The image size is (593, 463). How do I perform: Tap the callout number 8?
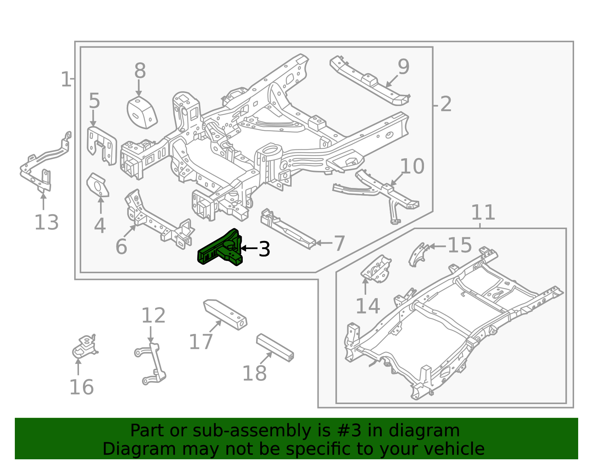click(x=140, y=71)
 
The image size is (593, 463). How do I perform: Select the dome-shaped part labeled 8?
click(x=142, y=112)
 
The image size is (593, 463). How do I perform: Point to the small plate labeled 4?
click(x=98, y=185)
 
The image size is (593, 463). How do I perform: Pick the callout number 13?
click(x=46, y=222)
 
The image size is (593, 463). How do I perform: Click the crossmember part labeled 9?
click(x=370, y=81)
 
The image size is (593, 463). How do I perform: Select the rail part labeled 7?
click(x=288, y=229)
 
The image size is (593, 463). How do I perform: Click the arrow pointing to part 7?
click(x=324, y=242)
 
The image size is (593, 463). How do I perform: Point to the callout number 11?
click(x=483, y=212)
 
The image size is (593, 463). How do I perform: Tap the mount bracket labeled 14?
click(x=376, y=269)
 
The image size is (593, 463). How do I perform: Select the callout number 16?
click(x=82, y=387)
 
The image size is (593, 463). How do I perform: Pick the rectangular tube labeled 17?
click(x=225, y=315)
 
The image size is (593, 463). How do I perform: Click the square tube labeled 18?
click(x=275, y=348)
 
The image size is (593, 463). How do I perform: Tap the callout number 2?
click(x=445, y=104)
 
